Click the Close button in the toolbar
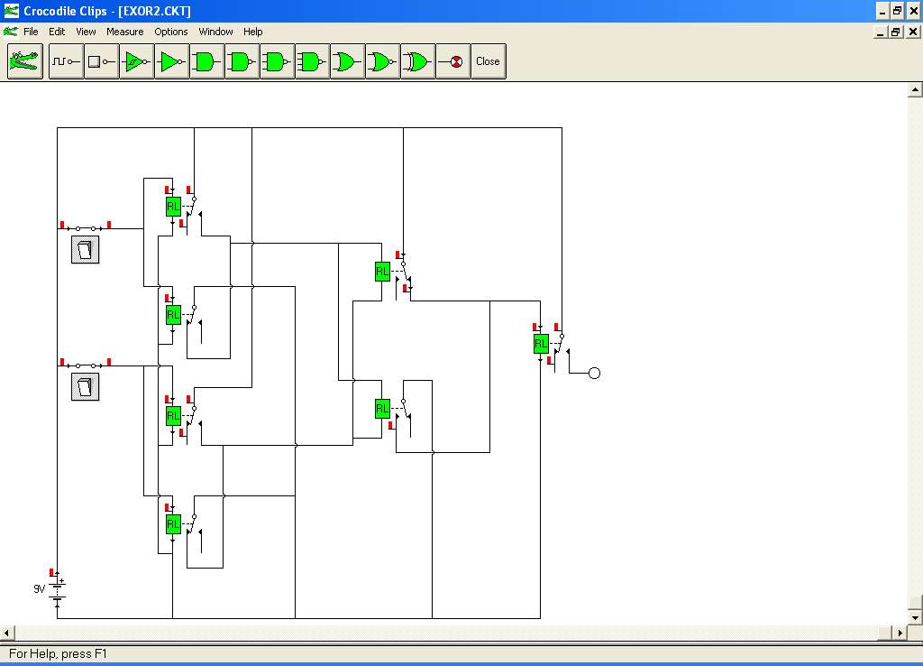point(488,61)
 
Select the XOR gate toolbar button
point(418,61)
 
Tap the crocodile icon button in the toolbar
point(24,61)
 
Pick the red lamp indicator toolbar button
point(453,61)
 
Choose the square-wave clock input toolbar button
point(66,61)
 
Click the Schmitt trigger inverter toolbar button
point(137,61)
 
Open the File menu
point(31,32)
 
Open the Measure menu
point(124,32)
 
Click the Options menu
point(170,32)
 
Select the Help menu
point(252,32)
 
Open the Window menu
point(215,32)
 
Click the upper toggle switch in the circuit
point(86,249)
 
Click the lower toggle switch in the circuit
point(86,386)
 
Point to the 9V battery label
point(40,588)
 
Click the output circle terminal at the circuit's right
point(595,373)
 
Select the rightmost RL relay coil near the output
point(541,344)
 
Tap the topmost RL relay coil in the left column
point(173,207)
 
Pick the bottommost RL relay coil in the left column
point(173,524)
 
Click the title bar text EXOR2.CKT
point(154,11)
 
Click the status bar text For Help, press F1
point(58,653)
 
